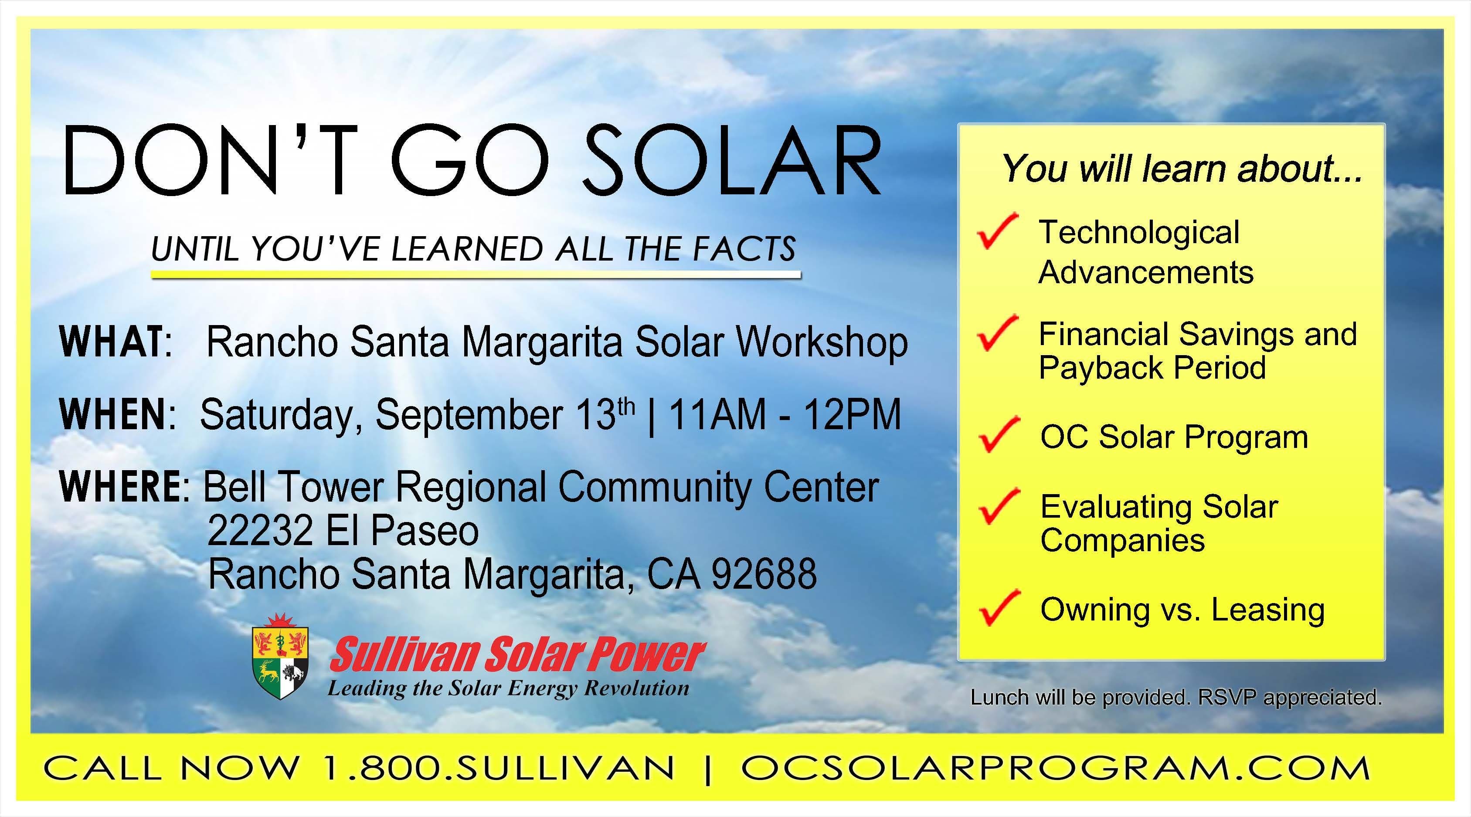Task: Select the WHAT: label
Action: [x=116, y=342]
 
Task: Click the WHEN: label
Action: [x=118, y=414]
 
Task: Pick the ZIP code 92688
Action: [x=764, y=573]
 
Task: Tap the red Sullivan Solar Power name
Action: [x=517, y=655]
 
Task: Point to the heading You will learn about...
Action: [x=1182, y=169]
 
